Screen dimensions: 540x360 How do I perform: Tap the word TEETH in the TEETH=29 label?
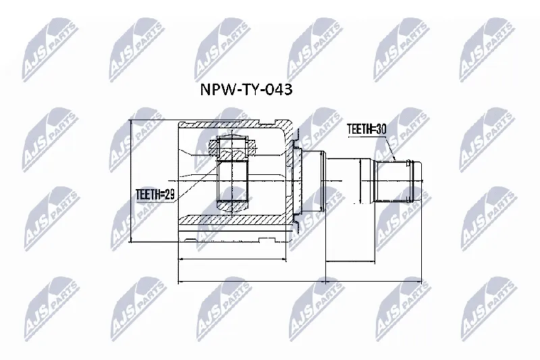148,195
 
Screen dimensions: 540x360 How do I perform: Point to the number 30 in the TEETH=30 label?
381,129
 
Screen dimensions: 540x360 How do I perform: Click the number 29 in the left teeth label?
169,195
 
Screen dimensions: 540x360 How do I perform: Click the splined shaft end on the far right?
398,181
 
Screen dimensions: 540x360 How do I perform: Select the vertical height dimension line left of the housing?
131,181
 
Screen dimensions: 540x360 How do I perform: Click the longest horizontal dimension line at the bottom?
300,282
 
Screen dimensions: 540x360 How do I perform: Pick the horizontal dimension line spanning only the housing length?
232,259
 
